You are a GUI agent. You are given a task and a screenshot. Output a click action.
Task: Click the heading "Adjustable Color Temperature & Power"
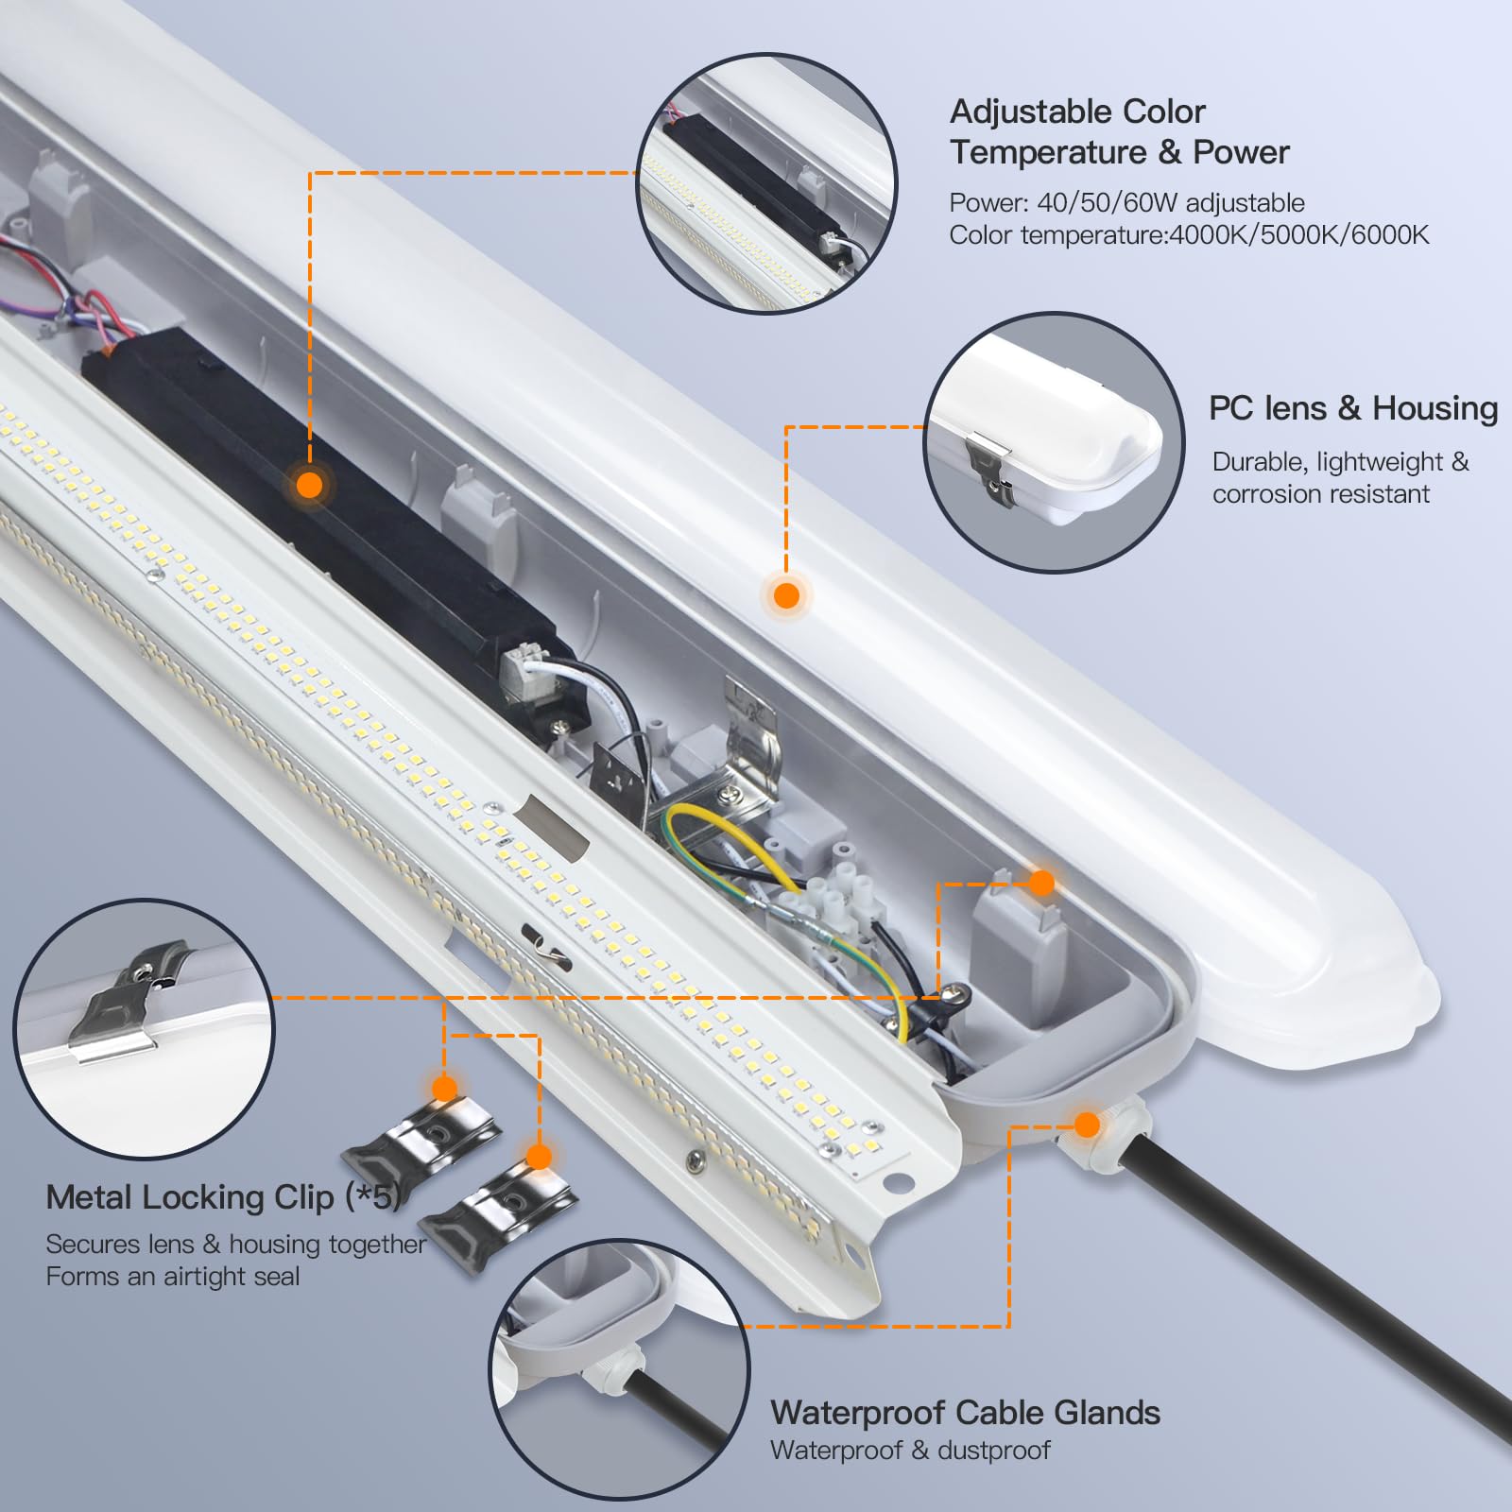(x=1119, y=131)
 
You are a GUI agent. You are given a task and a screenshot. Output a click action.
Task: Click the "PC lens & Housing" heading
(x=1352, y=408)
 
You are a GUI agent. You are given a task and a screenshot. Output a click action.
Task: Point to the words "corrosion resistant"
(x=1320, y=494)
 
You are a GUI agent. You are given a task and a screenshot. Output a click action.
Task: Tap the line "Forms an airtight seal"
(x=172, y=1277)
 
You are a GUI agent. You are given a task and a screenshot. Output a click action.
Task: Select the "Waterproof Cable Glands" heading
(x=965, y=1413)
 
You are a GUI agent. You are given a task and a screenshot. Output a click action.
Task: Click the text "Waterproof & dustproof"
(x=909, y=1451)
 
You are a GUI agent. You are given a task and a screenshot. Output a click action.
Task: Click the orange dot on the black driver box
(x=309, y=486)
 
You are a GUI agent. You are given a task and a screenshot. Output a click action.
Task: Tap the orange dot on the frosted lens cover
(x=786, y=595)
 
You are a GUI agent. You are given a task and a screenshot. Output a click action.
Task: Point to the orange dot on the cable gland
(x=1087, y=1125)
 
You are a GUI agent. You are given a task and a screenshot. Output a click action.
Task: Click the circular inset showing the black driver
(x=765, y=184)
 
